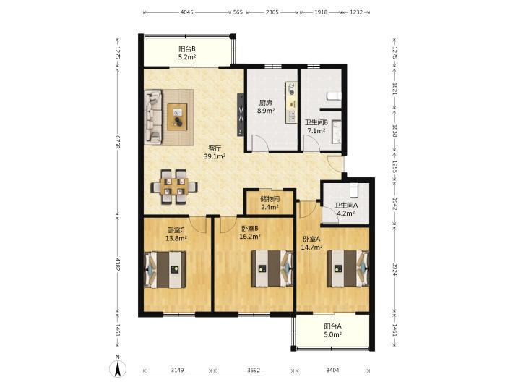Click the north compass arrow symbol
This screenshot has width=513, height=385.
[x=118, y=367]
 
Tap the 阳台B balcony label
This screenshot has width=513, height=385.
[x=187, y=49]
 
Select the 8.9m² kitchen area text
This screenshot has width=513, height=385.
[x=266, y=111]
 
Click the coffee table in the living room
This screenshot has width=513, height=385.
[x=177, y=117]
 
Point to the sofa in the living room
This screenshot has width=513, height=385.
[x=153, y=117]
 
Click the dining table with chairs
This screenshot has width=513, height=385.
[x=173, y=187]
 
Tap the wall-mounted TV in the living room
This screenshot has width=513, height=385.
[x=241, y=114]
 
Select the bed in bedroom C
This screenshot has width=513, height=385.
[x=165, y=270]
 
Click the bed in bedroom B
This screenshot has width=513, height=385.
[x=272, y=268]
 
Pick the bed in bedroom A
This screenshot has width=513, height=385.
[x=348, y=268]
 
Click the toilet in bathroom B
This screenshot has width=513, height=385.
[x=335, y=96]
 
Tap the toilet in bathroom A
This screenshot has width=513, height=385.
[x=354, y=190]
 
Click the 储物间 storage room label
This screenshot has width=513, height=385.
[x=270, y=199]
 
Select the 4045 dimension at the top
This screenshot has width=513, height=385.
[x=187, y=12]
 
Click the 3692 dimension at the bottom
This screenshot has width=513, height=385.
[x=254, y=371]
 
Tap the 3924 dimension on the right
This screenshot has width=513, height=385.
[x=395, y=269]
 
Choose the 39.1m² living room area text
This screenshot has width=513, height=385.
[x=215, y=156]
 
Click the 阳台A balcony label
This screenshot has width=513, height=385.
[x=333, y=326]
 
